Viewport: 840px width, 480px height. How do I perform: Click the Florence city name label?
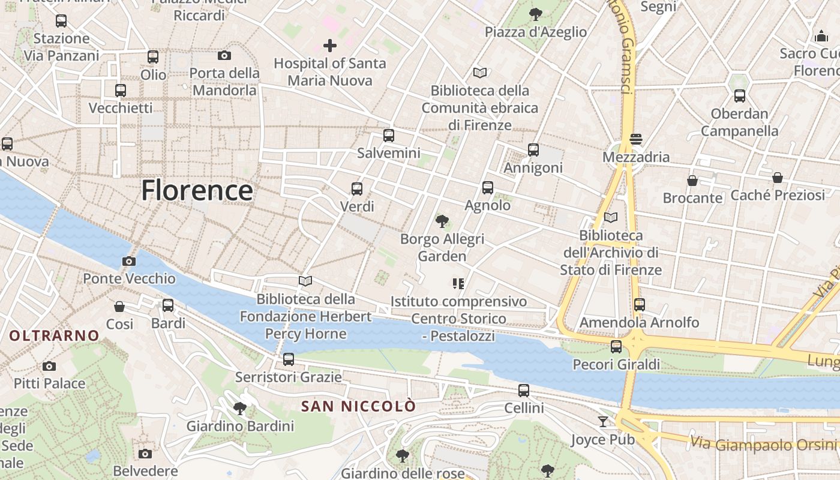click(197, 191)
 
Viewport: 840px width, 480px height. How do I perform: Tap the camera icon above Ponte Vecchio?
click(128, 261)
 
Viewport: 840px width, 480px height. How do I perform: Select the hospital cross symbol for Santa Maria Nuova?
click(329, 45)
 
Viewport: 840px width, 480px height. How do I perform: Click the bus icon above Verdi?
click(357, 189)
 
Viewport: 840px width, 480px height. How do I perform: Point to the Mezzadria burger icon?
click(636, 139)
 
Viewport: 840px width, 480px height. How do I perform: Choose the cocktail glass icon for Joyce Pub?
click(602, 422)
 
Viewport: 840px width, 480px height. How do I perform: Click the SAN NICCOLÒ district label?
click(358, 406)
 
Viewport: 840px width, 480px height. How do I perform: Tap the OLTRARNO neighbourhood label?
click(54, 335)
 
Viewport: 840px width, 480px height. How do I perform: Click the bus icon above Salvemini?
click(389, 136)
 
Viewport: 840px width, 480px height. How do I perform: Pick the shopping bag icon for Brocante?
click(692, 181)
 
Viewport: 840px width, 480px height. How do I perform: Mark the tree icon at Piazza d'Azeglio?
click(535, 14)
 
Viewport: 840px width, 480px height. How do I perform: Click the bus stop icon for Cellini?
click(524, 391)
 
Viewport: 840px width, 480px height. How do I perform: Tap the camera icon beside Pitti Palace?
click(49, 366)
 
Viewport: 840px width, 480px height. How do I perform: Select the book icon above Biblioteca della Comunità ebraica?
click(480, 73)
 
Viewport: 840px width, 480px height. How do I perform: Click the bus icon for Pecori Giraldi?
click(616, 346)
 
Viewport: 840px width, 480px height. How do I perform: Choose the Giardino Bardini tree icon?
click(240, 409)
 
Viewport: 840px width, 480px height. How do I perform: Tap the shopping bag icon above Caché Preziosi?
click(778, 178)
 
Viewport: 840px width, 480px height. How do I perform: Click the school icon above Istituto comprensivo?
click(458, 283)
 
